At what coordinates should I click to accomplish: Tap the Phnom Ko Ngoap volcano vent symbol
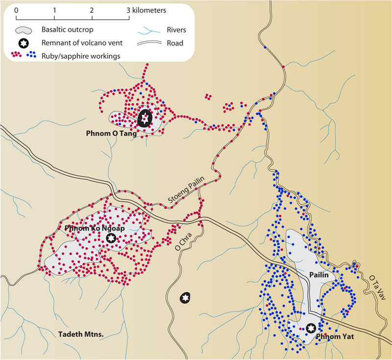pos(111,238)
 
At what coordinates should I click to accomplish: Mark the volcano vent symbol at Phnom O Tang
pos(144,118)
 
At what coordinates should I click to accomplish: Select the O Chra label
pos(183,239)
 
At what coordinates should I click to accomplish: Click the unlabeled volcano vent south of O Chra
pos(185,297)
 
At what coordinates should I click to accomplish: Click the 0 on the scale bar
pos(17,10)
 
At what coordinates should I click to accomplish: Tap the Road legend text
pos(175,43)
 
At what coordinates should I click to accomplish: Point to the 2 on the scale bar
pos(92,10)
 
